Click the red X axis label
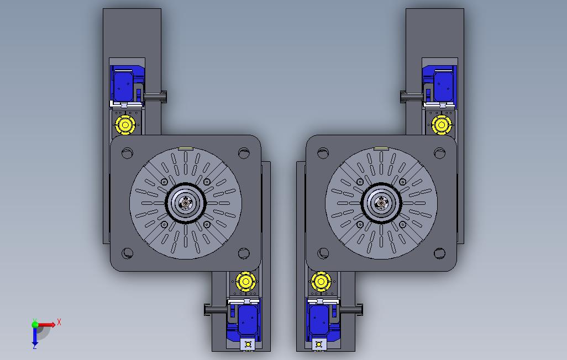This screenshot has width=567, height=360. (x=59, y=322)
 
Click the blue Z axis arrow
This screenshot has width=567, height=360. (x=35, y=337)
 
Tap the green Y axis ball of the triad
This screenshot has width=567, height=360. (x=35, y=324)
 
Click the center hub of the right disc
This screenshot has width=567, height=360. (x=381, y=203)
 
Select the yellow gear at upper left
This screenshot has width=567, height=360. (x=125, y=125)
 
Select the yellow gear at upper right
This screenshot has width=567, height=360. (x=442, y=125)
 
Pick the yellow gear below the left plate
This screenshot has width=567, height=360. (x=246, y=281)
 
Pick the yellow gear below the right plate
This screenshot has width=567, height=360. (x=321, y=281)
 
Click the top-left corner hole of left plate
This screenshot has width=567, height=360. (x=127, y=153)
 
